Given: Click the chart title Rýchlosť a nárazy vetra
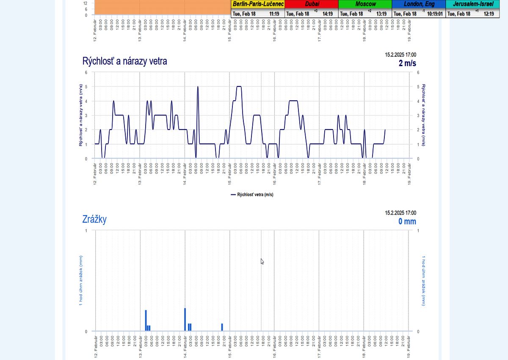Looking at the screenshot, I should click(x=124, y=61).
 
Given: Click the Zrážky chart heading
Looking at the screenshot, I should click(x=94, y=219).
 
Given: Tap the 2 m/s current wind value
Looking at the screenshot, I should click(x=407, y=63).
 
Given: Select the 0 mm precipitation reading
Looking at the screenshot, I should click(x=407, y=222).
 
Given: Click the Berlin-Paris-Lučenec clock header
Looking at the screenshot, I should click(x=258, y=4).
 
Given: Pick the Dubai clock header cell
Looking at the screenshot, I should click(x=312, y=4).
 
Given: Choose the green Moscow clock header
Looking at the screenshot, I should click(x=365, y=4).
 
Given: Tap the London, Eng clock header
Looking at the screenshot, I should click(x=419, y=4).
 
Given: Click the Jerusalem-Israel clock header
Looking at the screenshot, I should click(x=472, y=4).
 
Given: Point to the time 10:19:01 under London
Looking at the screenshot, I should click(x=434, y=14).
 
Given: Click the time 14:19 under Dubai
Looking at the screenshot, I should click(x=328, y=14).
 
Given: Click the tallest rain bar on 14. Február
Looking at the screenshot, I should click(x=185, y=319).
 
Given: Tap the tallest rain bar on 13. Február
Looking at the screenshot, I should click(x=146, y=320).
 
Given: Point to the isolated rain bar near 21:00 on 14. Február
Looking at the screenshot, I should click(x=222, y=327).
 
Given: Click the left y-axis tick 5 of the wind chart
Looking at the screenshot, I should click(x=86, y=87).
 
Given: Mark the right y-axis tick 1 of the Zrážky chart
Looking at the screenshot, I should click(x=418, y=231).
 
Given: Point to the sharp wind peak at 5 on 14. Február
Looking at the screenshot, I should click(x=198, y=88).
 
